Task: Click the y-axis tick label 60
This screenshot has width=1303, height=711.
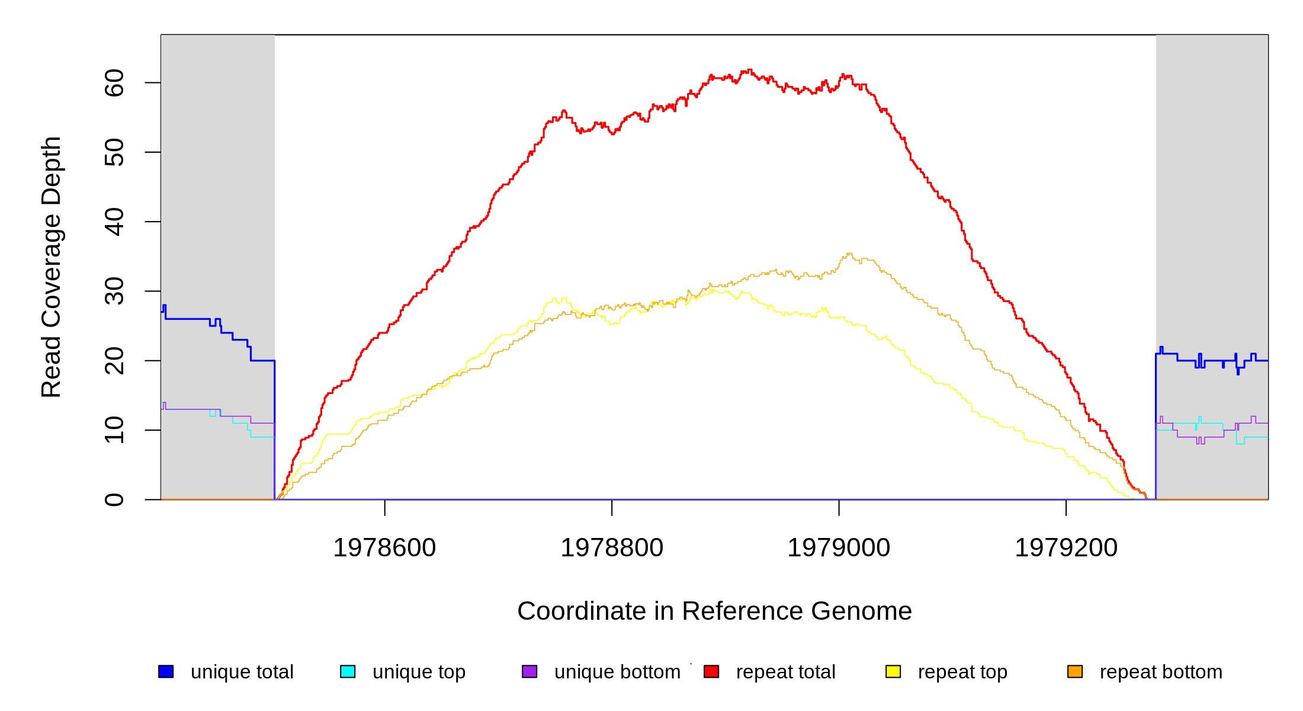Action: (x=114, y=83)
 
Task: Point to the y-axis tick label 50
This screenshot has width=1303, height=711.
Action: (x=114, y=152)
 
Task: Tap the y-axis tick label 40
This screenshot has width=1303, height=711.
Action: (x=114, y=222)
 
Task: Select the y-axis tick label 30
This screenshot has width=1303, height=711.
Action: (x=114, y=291)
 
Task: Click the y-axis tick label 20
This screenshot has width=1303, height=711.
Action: (x=114, y=361)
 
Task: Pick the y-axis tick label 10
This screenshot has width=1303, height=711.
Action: (x=114, y=430)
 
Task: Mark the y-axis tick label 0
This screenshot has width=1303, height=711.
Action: (x=114, y=499)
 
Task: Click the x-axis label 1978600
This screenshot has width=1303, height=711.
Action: (x=384, y=548)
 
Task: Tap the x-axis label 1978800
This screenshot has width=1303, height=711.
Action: (x=612, y=548)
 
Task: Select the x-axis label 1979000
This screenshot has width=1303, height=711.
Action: (x=839, y=548)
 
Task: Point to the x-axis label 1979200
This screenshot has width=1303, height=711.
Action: (x=1066, y=548)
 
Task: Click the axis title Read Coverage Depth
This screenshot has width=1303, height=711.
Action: (x=52, y=267)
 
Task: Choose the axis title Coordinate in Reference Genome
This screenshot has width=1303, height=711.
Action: (x=714, y=611)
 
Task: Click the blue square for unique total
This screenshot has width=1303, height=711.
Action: (x=166, y=671)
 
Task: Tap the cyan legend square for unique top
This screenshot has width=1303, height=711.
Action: (x=348, y=671)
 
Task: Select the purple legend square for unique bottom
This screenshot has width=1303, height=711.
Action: (x=529, y=671)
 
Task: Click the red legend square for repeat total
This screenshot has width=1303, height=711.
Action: (x=711, y=671)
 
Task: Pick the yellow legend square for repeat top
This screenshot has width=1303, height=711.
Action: (x=893, y=671)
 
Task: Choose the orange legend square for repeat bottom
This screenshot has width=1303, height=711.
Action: (x=1075, y=671)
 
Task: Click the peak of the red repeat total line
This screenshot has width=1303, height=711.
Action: (x=750, y=70)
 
